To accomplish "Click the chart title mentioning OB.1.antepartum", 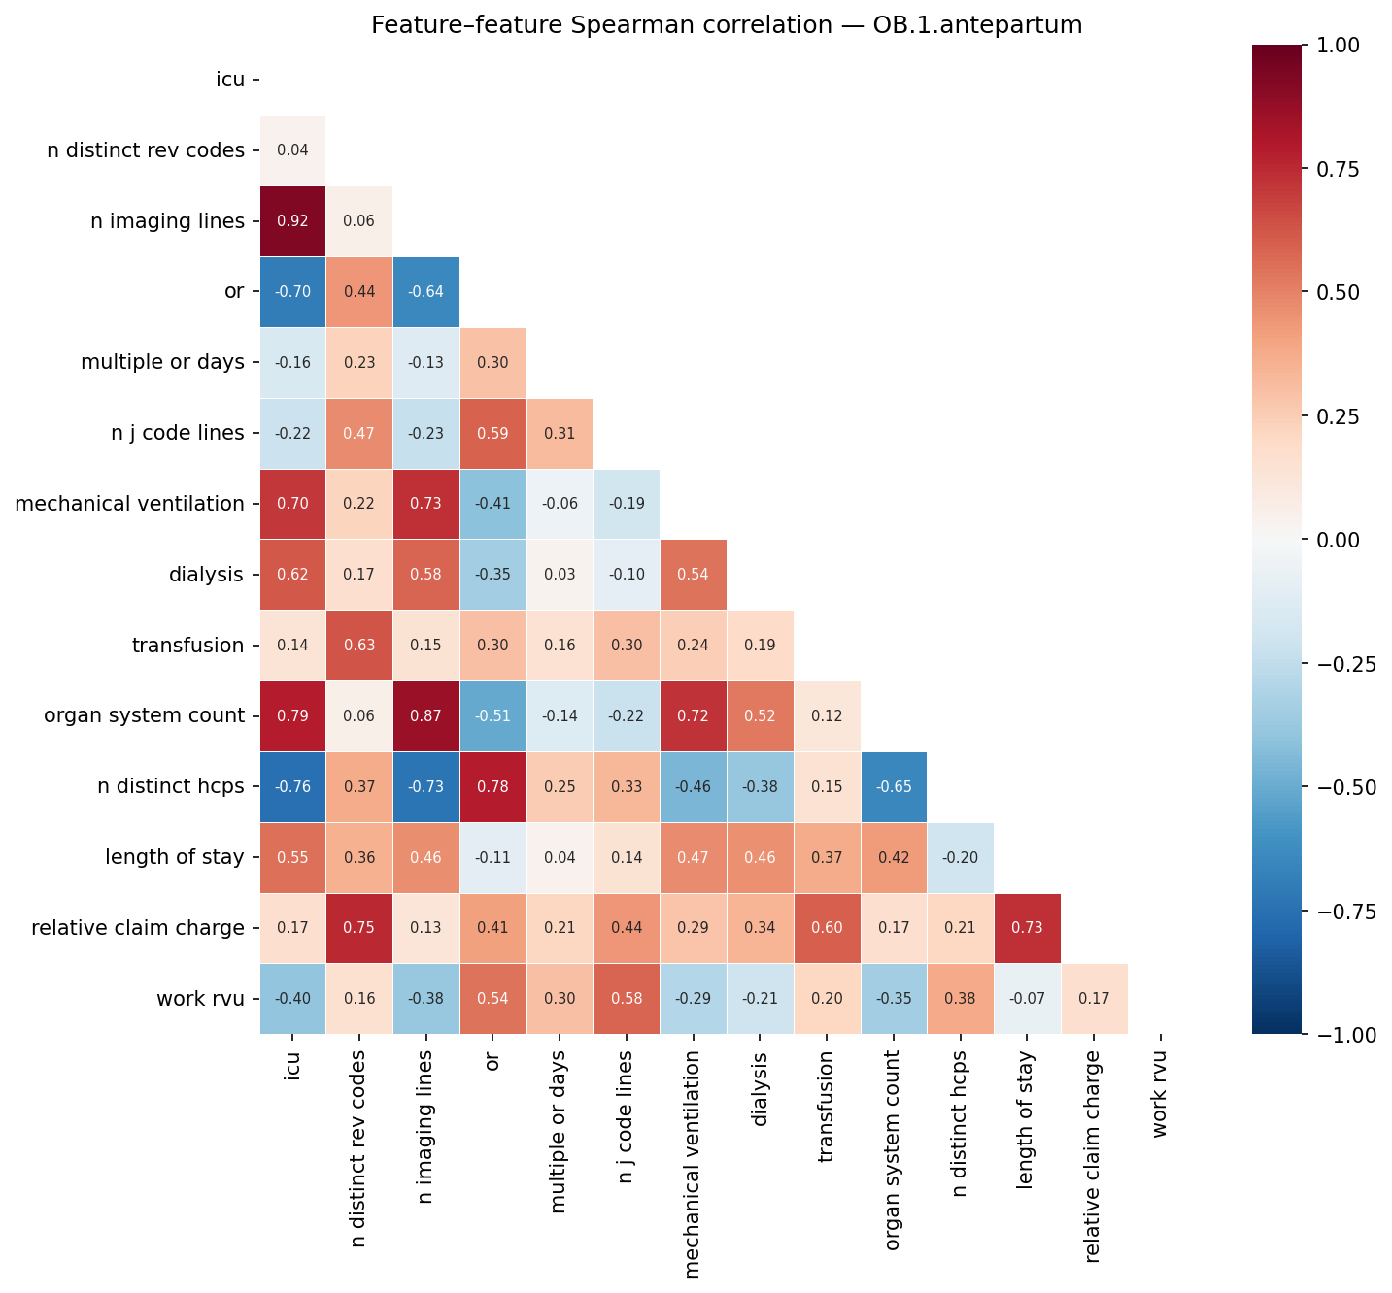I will point(727,25).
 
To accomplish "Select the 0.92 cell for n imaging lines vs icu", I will point(292,221).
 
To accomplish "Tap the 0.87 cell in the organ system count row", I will point(425,716).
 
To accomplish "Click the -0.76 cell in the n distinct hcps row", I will point(292,787).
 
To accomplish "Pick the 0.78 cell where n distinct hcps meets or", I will point(492,787).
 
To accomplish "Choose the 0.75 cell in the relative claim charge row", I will point(359,928).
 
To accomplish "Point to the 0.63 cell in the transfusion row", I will point(359,646).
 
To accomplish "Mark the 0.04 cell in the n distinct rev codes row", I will point(292,150).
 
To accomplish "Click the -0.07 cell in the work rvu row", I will point(1028,999).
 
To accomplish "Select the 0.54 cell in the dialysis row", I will point(693,575).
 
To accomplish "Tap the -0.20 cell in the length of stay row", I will point(961,858).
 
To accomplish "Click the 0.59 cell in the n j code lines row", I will point(492,434).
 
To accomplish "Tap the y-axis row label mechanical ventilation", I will point(129,504).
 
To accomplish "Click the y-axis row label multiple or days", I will point(162,362).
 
